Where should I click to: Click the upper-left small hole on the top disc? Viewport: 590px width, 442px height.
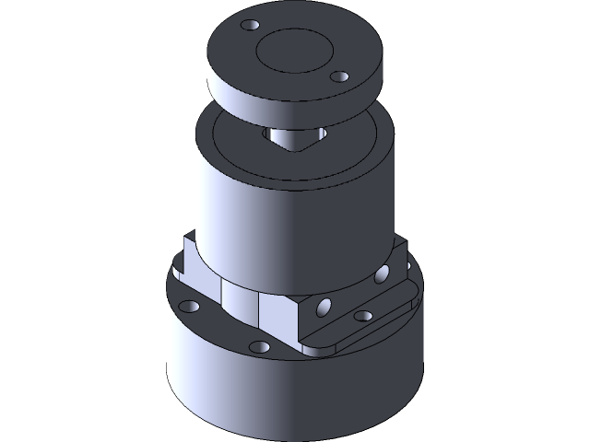pos(248,25)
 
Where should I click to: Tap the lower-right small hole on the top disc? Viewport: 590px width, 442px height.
pos(338,76)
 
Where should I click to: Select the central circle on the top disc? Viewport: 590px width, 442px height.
pos(292,51)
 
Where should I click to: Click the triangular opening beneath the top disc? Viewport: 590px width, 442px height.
pos(292,139)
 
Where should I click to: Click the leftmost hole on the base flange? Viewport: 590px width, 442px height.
pos(190,304)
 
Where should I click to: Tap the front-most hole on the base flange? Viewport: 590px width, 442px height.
pos(261,347)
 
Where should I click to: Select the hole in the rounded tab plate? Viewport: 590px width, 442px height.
pos(363,316)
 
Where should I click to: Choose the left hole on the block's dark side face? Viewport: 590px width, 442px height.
pos(324,304)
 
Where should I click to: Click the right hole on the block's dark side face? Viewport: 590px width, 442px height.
pos(381,273)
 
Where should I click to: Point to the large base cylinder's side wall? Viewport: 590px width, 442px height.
pos(277,396)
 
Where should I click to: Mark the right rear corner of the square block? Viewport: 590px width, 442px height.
pos(403,241)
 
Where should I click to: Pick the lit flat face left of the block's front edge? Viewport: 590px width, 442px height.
pos(276,313)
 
